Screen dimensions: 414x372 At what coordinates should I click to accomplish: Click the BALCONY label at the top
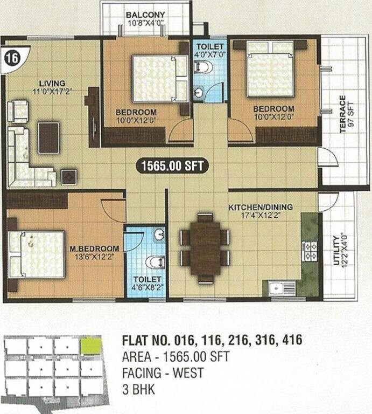(x=145, y=14)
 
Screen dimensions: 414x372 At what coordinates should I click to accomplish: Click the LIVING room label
(x=52, y=83)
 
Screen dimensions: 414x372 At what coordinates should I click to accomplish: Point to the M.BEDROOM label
(x=95, y=249)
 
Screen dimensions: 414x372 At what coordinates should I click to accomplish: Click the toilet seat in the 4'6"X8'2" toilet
(x=155, y=262)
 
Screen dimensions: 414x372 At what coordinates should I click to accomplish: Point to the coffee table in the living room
(x=48, y=137)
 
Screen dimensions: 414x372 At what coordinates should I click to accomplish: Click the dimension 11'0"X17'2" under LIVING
(x=52, y=91)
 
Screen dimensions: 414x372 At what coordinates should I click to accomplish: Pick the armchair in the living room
(x=17, y=111)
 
